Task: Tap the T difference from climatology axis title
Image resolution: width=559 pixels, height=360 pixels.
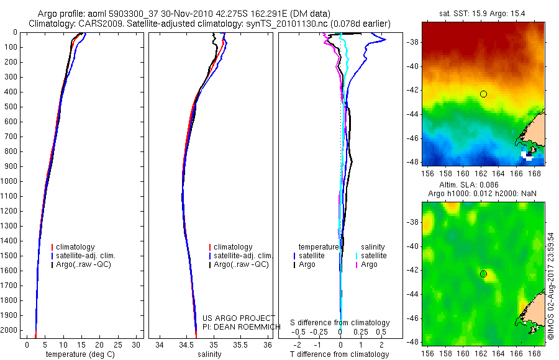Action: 339,354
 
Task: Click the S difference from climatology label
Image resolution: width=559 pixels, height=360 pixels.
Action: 340,323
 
